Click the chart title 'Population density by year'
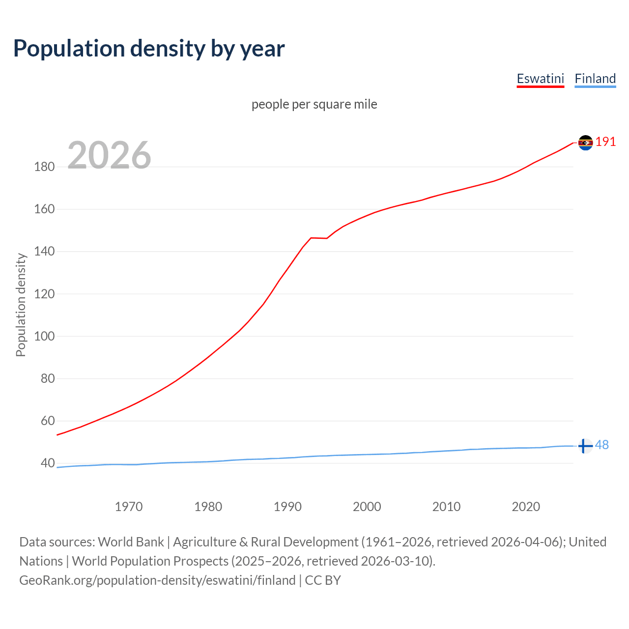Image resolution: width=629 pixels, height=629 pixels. click(x=149, y=48)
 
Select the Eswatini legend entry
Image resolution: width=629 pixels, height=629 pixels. click(x=540, y=79)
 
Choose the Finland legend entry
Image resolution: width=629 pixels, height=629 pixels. click(x=595, y=79)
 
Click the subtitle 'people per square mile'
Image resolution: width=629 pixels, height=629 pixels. click(x=314, y=104)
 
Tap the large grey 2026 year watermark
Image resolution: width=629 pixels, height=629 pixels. click(x=109, y=155)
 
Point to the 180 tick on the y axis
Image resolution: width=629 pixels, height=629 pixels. click(x=44, y=167)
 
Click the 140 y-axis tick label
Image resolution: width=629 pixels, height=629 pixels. click(x=44, y=252)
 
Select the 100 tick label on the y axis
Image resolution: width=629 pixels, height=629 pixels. click(x=44, y=337)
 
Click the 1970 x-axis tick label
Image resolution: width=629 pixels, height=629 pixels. click(x=129, y=507)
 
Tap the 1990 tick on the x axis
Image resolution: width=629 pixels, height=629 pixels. click(x=287, y=507)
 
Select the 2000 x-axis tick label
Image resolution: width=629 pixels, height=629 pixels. click(x=367, y=507)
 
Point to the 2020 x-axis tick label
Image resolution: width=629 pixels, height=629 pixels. click(x=526, y=507)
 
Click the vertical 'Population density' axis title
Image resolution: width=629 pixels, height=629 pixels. click(x=21, y=305)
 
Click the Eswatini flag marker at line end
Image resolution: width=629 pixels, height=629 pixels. click(x=585, y=143)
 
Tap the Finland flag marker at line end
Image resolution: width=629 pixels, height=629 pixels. click(x=585, y=446)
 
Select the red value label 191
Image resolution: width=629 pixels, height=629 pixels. click(x=605, y=142)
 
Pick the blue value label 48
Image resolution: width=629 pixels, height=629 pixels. click(x=602, y=445)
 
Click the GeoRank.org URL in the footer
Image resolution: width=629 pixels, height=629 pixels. click(x=157, y=580)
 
